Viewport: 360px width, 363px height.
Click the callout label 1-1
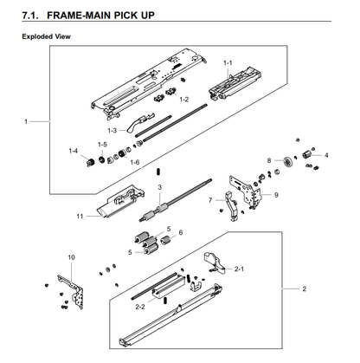(x=228, y=62)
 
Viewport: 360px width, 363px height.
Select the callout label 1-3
(x=112, y=131)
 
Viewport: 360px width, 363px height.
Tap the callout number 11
(x=80, y=216)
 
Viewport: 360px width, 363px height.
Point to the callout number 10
(x=71, y=257)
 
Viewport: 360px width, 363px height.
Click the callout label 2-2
(x=140, y=307)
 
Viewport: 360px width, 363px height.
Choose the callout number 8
(x=269, y=160)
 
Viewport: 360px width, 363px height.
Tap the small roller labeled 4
(x=306, y=154)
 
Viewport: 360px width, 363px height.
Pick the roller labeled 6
(x=165, y=240)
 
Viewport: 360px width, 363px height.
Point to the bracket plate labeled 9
(x=246, y=191)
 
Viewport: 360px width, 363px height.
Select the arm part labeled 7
(x=232, y=206)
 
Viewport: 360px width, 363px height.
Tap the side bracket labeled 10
(x=72, y=292)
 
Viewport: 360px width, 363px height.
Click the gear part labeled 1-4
(x=91, y=163)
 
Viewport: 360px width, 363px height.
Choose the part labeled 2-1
(x=215, y=263)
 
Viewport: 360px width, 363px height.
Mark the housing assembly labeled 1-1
(x=235, y=84)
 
